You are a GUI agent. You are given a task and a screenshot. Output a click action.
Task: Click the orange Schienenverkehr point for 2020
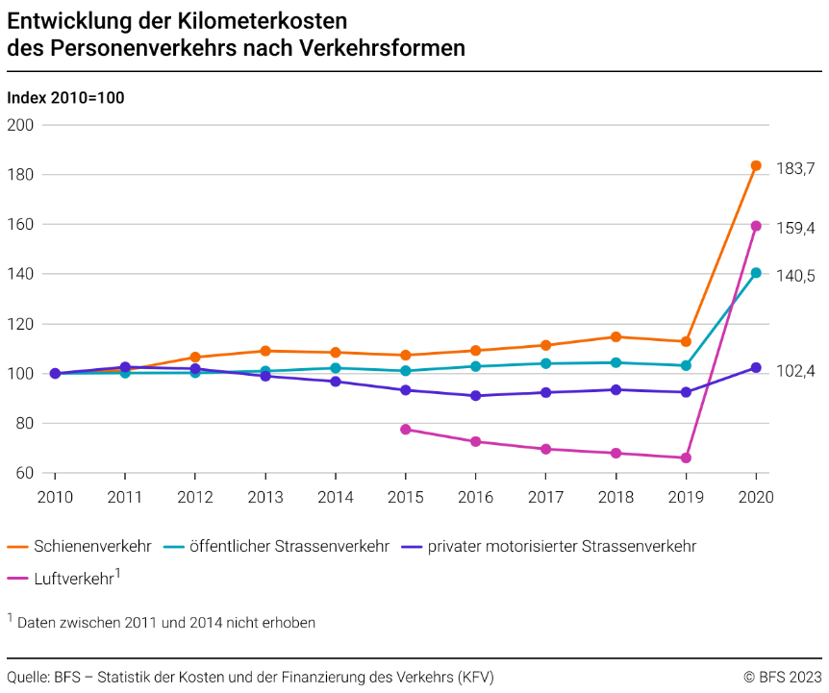(x=756, y=165)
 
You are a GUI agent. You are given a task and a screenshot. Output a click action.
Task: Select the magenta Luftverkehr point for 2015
(x=406, y=429)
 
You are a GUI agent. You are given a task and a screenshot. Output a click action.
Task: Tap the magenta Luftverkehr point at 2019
(x=686, y=458)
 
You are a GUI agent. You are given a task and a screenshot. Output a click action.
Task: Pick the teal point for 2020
(x=756, y=273)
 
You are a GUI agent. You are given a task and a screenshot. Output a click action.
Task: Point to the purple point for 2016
(x=475, y=396)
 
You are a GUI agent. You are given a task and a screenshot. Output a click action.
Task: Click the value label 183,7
(x=795, y=168)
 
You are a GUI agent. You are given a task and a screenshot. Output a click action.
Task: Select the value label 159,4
(x=795, y=228)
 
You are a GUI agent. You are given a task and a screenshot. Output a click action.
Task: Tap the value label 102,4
(x=795, y=370)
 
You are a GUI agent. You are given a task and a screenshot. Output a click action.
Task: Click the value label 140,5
(x=795, y=276)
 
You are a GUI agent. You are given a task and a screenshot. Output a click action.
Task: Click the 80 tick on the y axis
(x=25, y=423)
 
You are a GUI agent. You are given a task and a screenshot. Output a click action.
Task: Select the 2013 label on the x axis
(x=265, y=498)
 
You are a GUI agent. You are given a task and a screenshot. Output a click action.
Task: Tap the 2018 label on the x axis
(x=615, y=498)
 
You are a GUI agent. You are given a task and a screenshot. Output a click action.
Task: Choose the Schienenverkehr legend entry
(x=92, y=546)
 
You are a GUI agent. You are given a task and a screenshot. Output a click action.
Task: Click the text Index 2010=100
(x=65, y=98)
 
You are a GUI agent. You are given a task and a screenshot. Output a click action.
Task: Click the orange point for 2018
(x=615, y=336)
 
